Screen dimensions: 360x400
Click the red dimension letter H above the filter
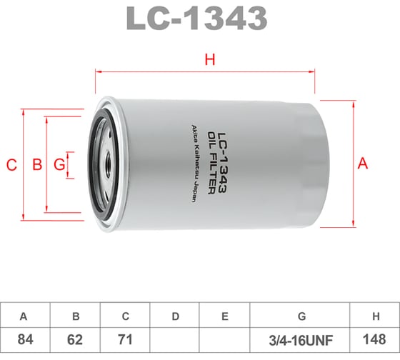tap(209, 60)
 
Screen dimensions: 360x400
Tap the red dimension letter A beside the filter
tap(362, 164)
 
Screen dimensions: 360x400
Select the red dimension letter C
tap(11, 166)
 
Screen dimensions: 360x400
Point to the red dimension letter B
tap(37, 166)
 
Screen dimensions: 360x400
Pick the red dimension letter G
tap(59, 166)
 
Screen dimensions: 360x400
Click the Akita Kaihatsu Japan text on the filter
tap(193, 163)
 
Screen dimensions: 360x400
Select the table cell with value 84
tap(25, 338)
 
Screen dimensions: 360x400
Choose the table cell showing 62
tap(75, 338)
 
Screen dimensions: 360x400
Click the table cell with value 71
tap(125, 338)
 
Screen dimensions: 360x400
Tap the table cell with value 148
tap(375, 338)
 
